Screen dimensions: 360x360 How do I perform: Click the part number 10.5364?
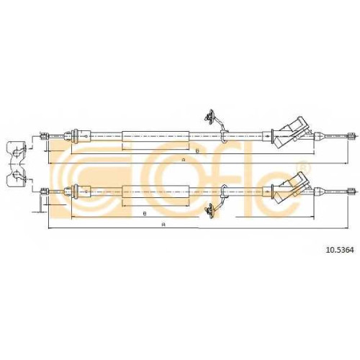(340, 251)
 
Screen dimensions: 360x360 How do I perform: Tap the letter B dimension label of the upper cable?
(197, 151)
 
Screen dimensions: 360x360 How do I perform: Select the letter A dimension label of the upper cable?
(184, 160)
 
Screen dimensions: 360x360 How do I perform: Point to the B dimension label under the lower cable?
(145, 213)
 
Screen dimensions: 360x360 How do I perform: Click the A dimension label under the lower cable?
(163, 225)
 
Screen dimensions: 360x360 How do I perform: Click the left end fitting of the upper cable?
(45, 137)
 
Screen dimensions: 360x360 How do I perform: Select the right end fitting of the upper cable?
(351, 136)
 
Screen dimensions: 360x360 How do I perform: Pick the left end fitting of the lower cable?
(45, 192)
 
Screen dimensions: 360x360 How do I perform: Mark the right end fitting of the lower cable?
(351, 191)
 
